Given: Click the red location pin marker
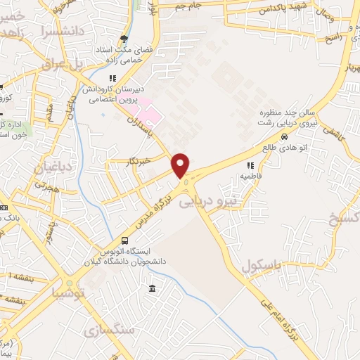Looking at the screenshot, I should [181, 165].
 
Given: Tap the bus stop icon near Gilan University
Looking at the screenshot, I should [125, 240].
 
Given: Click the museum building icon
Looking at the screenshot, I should [153, 288].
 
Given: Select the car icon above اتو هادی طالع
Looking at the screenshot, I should [283, 137].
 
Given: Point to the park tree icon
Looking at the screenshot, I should [124, 39].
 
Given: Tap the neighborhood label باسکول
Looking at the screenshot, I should [261, 266].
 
